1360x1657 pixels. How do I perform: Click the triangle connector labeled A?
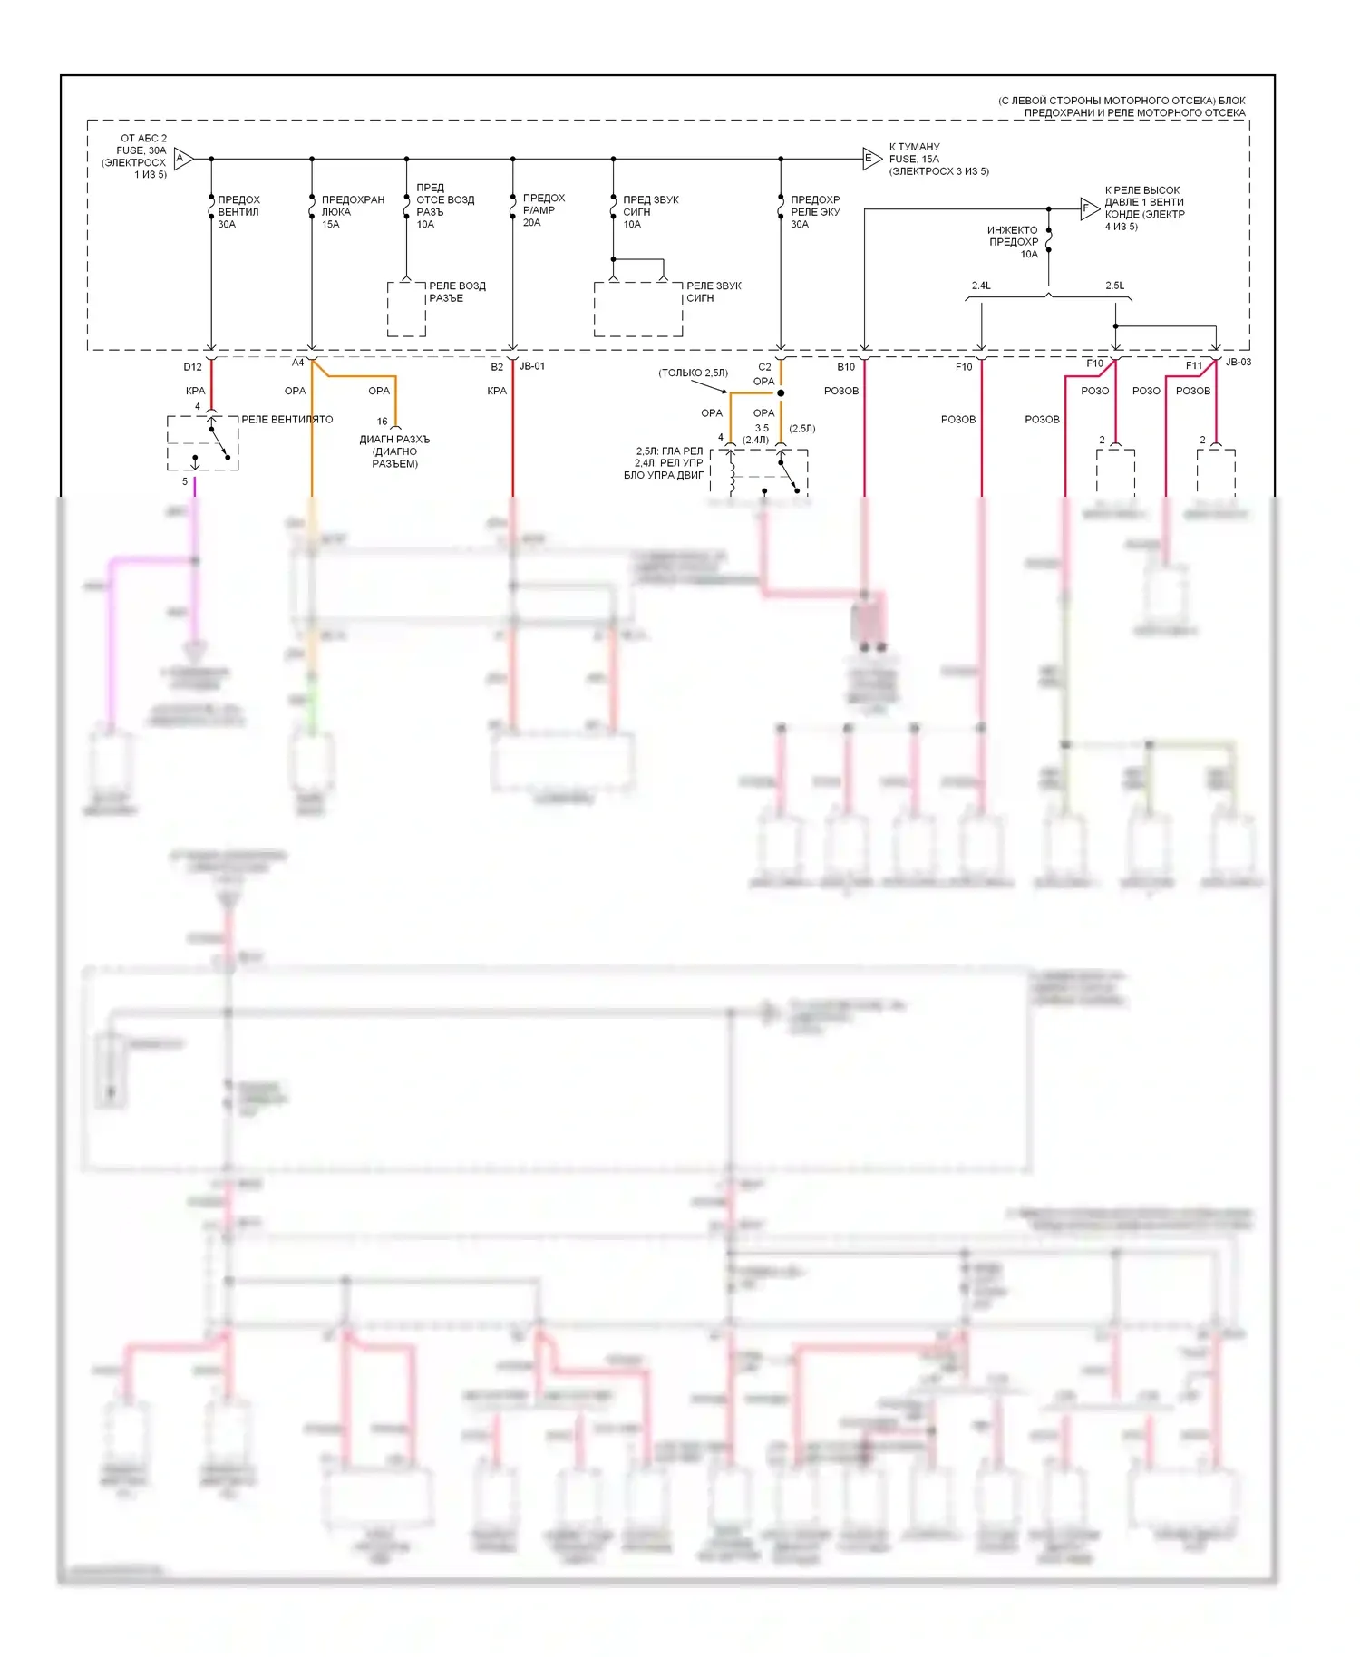click(x=182, y=159)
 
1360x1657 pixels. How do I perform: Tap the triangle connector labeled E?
click(x=870, y=159)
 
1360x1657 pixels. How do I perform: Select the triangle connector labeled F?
click(x=1088, y=208)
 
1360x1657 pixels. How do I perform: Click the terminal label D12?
click(x=192, y=367)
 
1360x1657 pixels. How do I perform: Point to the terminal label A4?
click(x=297, y=363)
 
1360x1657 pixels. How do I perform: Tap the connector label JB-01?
click(x=532, y=366)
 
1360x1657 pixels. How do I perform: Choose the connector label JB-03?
click(x=1238, y=363)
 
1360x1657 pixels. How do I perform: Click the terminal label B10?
click(x=845, y=367)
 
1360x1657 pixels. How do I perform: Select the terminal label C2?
click(x=764, y=367)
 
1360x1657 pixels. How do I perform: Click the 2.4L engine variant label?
click(x=981, y=286)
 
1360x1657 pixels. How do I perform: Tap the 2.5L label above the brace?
click(x=1114, y=286)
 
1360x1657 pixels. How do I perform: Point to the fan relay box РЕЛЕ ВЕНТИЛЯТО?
click(x=202, y=443)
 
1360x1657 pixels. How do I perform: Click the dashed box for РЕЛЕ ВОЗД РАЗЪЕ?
click(x=406, y=309)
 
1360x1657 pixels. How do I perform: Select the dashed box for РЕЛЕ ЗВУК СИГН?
click(x=638, y=309)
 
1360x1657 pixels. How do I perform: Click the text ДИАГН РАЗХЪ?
click(x=394, y=440)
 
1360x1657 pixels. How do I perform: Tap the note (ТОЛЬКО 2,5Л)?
click(x=693, y=373)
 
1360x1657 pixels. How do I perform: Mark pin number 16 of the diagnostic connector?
click(x=382, y=422)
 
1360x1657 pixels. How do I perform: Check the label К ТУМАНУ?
click(x=914, y=147)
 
